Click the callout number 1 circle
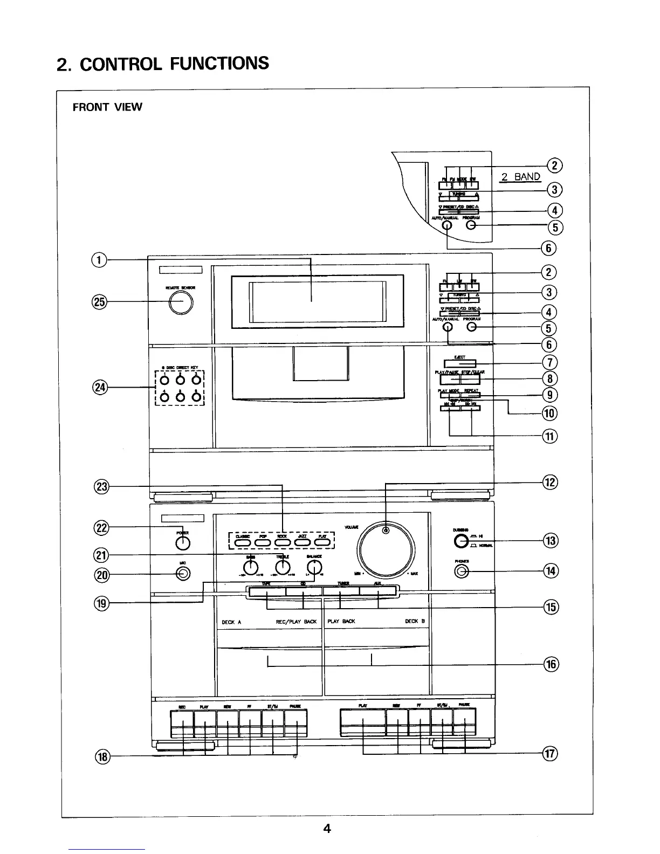tap(99, 260)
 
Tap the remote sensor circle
tap(180, 304)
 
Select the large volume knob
tap(385, 550)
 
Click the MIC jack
tap(183, 574)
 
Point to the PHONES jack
tap(461, 572)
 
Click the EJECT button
tap(459, 364)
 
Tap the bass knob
tap(250, 567)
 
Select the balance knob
tap(314, 567)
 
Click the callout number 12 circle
tap(549, 482)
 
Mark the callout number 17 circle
tap(549, 754)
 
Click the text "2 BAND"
tap(520, 176)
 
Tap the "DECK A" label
tap(231, 622)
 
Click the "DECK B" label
tap(415, 621)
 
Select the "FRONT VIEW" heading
tap(107, 107)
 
